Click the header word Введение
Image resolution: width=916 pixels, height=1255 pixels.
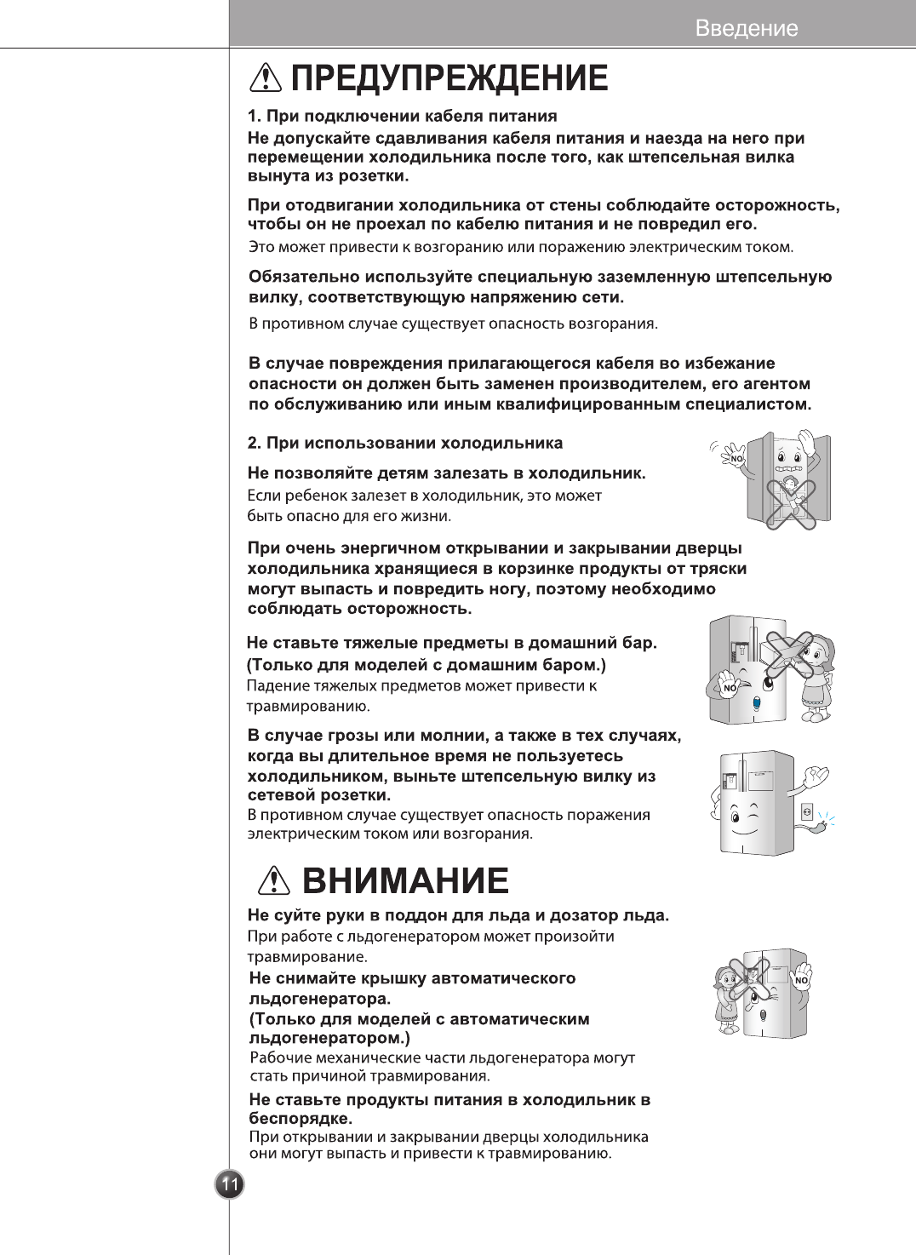[747, 28]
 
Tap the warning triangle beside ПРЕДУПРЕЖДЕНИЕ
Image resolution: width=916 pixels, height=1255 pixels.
[266, 77]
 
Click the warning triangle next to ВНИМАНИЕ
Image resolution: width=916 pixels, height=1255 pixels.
[274, 880]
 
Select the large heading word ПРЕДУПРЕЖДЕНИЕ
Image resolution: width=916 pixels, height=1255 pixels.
[449, 77]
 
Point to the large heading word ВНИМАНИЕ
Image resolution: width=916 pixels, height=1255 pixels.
[405, 880]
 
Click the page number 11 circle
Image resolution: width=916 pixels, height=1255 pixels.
[230, 1184]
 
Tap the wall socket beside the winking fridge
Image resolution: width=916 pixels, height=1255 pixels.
[807, 811]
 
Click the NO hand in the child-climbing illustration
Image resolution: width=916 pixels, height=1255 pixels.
[734, 457]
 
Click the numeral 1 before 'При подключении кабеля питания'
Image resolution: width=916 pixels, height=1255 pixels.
[252, 117]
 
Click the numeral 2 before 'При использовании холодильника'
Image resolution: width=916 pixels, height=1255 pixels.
[252, 444]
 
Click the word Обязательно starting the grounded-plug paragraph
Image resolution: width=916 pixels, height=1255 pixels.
[304, 278]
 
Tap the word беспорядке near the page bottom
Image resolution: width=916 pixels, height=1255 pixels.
[300, 1119]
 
